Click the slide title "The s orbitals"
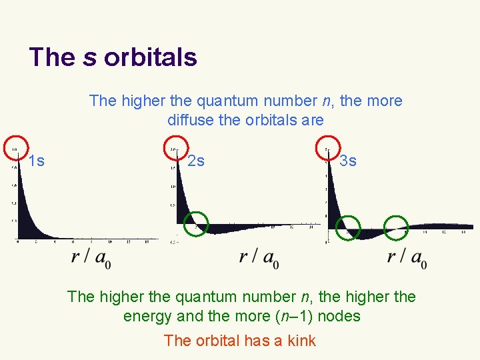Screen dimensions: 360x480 pyautogui.click(x=113, y=57)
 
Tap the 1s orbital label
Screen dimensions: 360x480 pyautogui.click(x=37, y=161)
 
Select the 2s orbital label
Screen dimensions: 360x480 pyautogui.click(x=196, y=161)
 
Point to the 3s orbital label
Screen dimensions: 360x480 pyautogui.click(x=348, y=161)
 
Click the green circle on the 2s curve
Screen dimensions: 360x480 pyautogui.click(x=195, y=223)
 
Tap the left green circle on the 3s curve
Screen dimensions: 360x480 pyautogui.click(x=348, y=228)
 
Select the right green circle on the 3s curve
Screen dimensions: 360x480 pyautogui.click(x=397, y=227)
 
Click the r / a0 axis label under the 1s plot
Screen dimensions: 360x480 pyautogui.click(x=91, y=257)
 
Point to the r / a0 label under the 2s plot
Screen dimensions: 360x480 pyautogui.click(x=259, y=257)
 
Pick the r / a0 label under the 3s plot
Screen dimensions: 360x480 pyautogui.click(x=407, y=257)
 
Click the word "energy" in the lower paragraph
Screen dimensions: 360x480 pyautogui.click(x=146, y=316)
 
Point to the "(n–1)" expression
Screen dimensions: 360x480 pyautogui.click(x=293, y=316)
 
